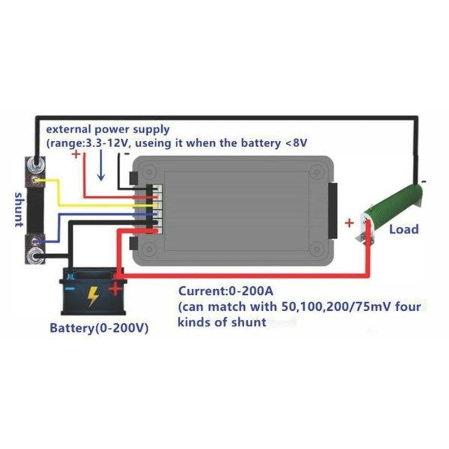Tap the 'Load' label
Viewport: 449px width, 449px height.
[404, 229]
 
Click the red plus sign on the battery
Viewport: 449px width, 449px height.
[115, 289]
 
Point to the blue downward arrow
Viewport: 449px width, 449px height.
[101, 166]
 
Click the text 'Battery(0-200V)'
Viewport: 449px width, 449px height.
[99, 328]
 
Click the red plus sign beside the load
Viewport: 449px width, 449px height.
[349, 223]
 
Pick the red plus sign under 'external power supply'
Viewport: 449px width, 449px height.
[76, 154]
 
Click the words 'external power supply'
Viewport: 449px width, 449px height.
[108, 129]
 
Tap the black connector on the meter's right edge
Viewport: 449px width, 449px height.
[332, 211]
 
